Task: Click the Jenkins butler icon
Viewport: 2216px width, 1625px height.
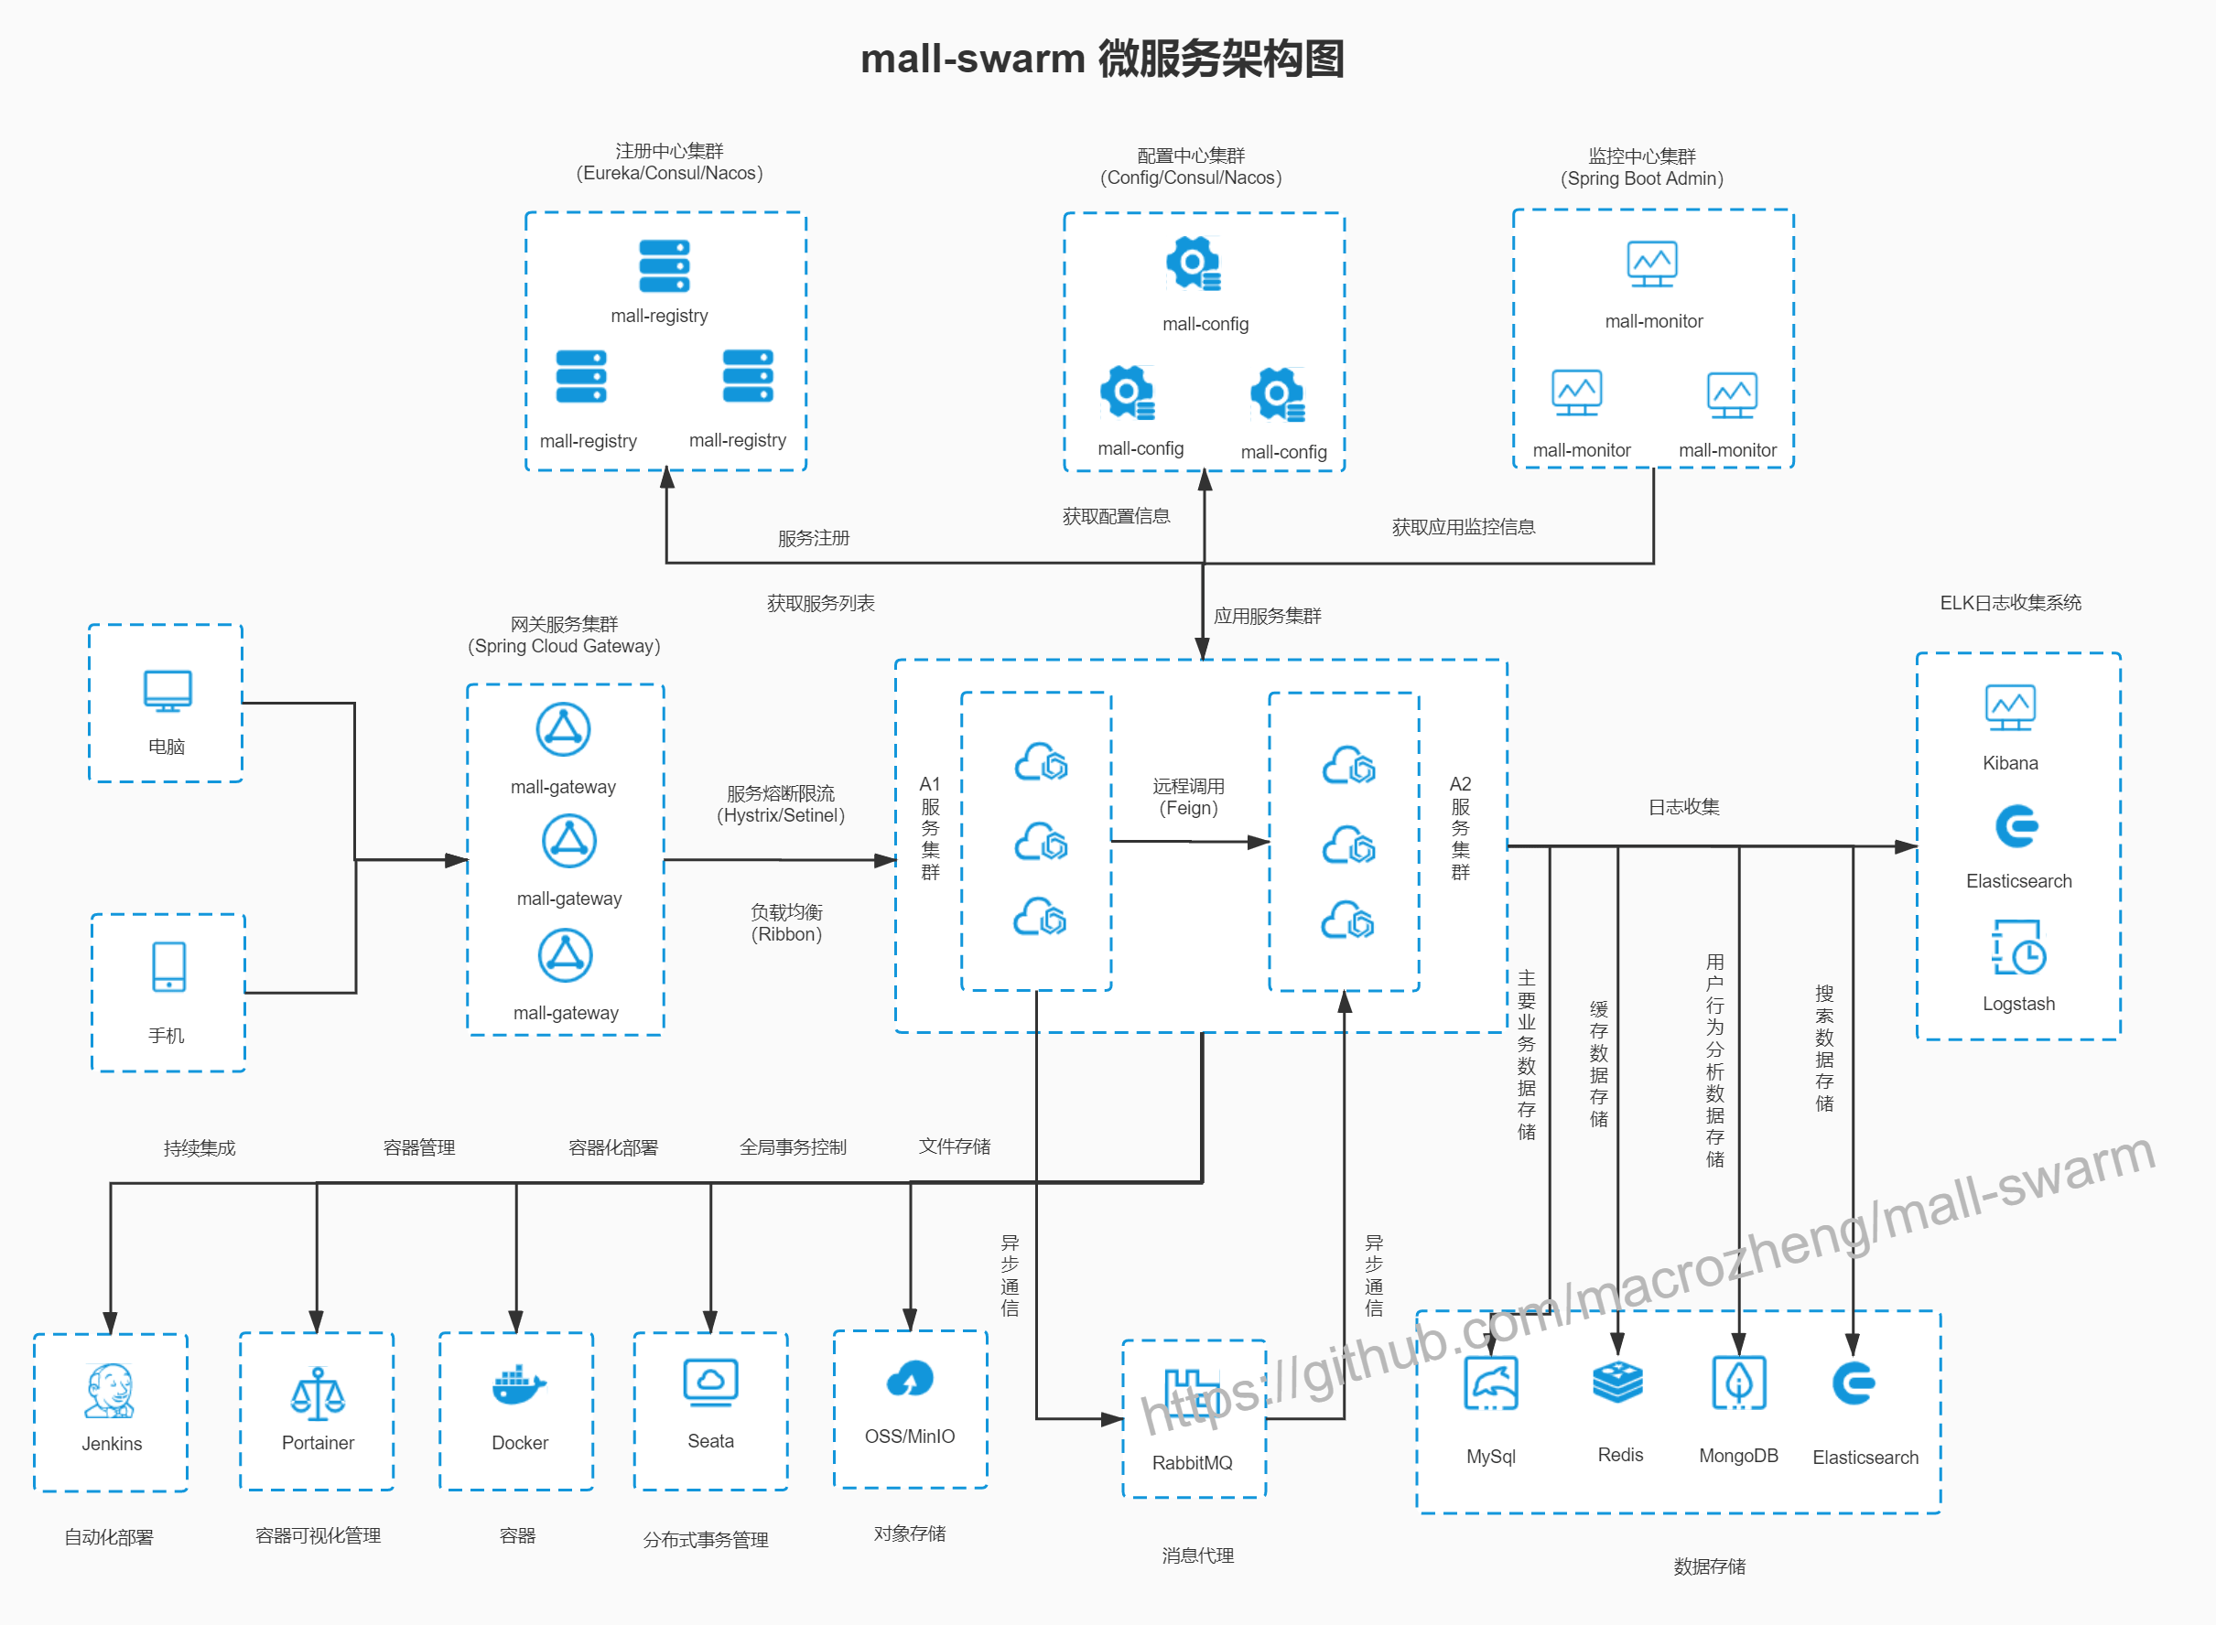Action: click(x=109, y=1390)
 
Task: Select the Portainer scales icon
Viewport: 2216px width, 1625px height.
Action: click(x=317, y=1394)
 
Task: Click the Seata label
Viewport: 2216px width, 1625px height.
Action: click(x=710, y=1441)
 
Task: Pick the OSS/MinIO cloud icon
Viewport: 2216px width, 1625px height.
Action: click(x=909, y=1379)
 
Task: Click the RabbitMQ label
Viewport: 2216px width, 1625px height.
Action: click(x=1192, y=1463)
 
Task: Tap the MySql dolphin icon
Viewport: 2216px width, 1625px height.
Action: click(x=1491, y=1384)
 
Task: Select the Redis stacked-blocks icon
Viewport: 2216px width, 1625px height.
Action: click(x=1617, y=1382)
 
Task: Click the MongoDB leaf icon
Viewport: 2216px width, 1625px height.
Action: click(x=1739, y=1382)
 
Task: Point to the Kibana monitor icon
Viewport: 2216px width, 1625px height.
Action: click(x=2009, y=707)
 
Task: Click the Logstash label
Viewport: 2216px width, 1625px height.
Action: click(x=2018, y=1004)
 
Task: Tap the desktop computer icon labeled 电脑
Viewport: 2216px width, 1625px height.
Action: click(x=168, y=691)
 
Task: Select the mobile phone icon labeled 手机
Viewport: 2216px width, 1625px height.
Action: click(x=168, y=966)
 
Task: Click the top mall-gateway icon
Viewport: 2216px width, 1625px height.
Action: click(x=563, y=730)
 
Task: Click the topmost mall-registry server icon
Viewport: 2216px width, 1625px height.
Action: click(x=665, y=265)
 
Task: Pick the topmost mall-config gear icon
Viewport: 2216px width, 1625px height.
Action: click(x=1194, y=263)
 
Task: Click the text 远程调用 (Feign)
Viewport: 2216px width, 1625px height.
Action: click(x=1188, y=797)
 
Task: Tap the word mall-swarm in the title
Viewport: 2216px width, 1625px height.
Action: click(x=972, y=59)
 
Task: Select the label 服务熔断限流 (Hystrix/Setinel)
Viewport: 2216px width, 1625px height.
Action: click(x=781, y=803)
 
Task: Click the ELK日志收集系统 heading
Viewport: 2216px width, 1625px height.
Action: click(x=2009, y=603)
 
